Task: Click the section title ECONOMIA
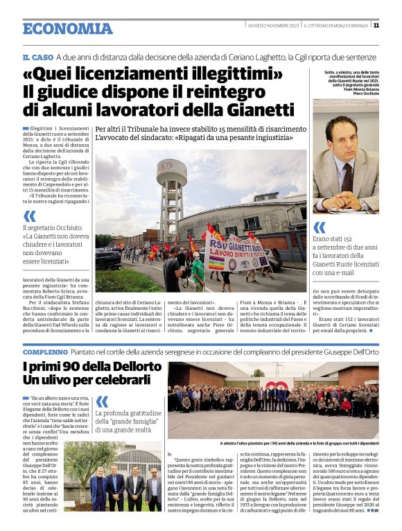[x=67, y=28]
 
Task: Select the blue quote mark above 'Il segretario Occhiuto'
[x=29, y=216]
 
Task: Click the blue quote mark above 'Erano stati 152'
[x=319, y=227]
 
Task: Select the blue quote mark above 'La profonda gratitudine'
[x=102, y=402]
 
